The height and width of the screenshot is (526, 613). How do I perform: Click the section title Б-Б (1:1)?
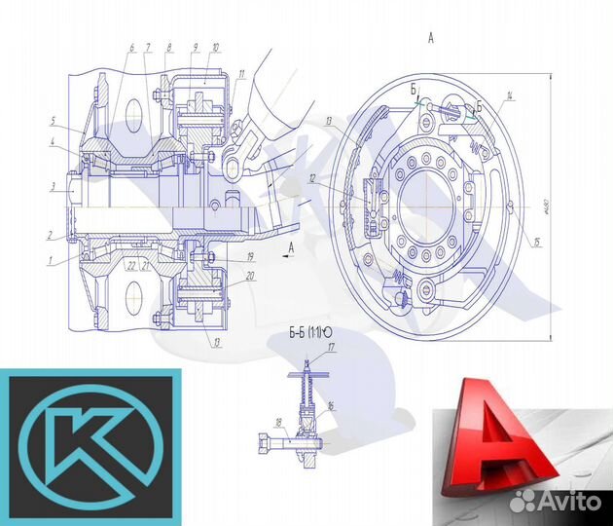coord(306,333)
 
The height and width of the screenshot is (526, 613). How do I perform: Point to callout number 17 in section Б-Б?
coord(331,347)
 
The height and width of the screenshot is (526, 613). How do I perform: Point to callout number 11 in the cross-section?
coord(240,74)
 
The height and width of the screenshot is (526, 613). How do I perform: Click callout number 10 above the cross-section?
coord(214,47)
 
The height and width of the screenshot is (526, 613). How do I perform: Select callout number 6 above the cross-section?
coord(129,47)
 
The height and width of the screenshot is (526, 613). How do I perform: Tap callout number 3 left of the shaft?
coord(54,186)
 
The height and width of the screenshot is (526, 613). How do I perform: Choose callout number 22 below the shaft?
coord(129,264)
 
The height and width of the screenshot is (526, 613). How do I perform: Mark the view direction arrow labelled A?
coord(288,241)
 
